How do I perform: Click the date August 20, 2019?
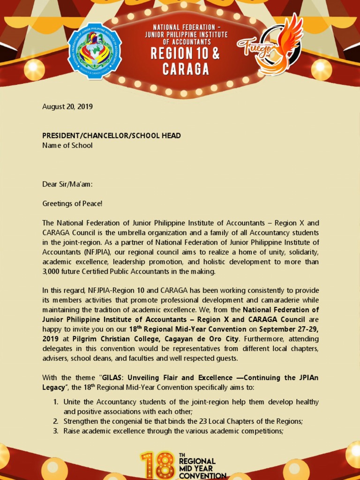pos(67,106)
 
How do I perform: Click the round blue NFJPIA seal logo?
pos(94,51)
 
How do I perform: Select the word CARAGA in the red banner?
pos(186,69)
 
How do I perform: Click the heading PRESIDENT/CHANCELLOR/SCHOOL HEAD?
pos(112,135)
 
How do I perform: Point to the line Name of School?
pos(67,145)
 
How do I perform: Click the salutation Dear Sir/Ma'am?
pos(67,184)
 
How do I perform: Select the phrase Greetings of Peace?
pos(72,203)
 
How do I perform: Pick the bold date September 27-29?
pos(289,329)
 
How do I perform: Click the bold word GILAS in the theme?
pos(112,378)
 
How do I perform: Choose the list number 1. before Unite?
pos(55,402)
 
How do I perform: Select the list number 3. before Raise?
pos(55,431)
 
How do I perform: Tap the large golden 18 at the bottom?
pos(158,466)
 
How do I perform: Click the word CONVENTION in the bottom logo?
pos(202,475)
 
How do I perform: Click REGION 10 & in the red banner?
pos(185,53)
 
